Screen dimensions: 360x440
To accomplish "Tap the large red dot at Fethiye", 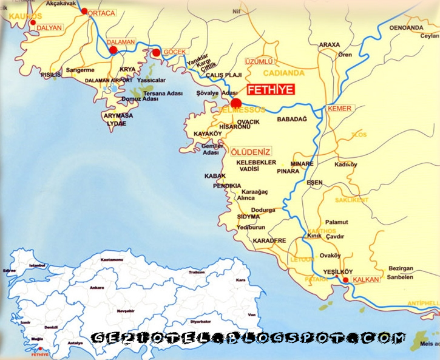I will pyautogui.click(x=236, y=103).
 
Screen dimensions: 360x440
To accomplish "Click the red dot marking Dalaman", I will pyautogui.click(x=113, y=50).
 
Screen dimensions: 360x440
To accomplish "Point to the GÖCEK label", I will pyautogui.click(x=174, y=52).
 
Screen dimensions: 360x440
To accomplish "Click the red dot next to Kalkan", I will pyautogui.click(x=346, y=280).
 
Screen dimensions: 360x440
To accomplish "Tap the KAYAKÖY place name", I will pyautogui.click(x=208, y=132).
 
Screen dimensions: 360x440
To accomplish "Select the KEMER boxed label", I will pyautogui.click(x=339, y=109).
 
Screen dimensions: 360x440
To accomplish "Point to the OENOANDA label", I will pyautogui.click(x=406, y=28).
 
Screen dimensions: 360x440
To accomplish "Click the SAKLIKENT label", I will pyautogui.click(x=351, y=199).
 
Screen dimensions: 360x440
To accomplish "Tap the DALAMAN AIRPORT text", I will pyautogui.click(x=109, y=80).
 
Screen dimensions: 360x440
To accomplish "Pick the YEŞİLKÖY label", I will pyautogui.click(x=322, y=272).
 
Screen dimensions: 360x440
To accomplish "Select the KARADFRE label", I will pyautogui.click(x=269, y=240).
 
